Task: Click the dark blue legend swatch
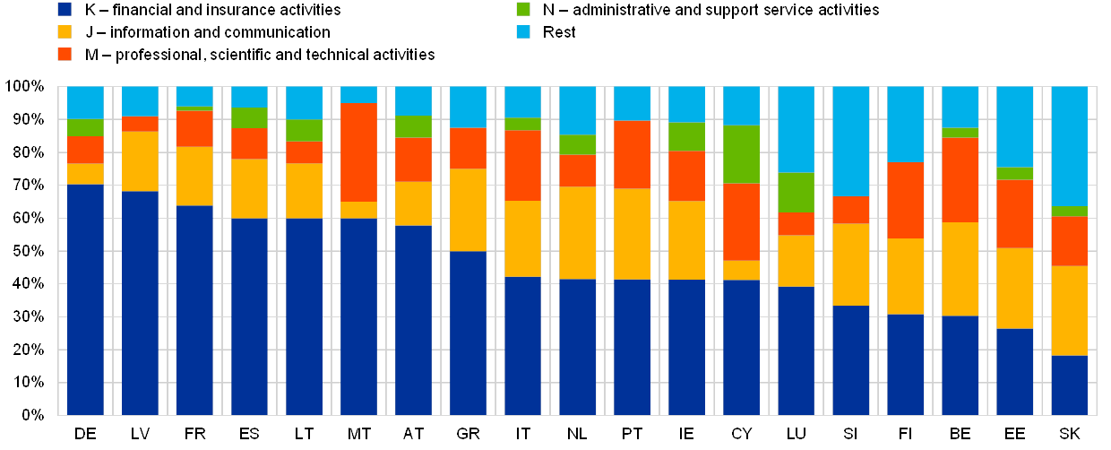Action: [x=65, y=10]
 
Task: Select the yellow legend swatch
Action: [x=65, y=32]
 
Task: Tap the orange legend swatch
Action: [x=65, y=55]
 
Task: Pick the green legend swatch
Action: [x=522, y=10]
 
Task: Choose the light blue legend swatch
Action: [x=522, y=32]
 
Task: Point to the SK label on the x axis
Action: [x=1069, y=434]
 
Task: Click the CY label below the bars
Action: [x=741, y=434]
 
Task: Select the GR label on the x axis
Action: [x=468, y=434]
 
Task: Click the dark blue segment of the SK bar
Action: [x=1069, y=385]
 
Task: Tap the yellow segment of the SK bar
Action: [x=1069, y=311]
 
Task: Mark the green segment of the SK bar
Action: [x=1069, y=211]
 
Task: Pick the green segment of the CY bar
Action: [x=741, y=154]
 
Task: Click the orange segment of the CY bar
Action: [x=741, y=222]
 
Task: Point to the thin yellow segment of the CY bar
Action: [x=741, y=271]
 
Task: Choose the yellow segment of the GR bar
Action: [x=468, y=210]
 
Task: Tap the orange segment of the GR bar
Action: [x=468, y=148]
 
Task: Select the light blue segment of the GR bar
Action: [x=468, y=107]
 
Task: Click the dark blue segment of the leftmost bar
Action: [x=85, y=299]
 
